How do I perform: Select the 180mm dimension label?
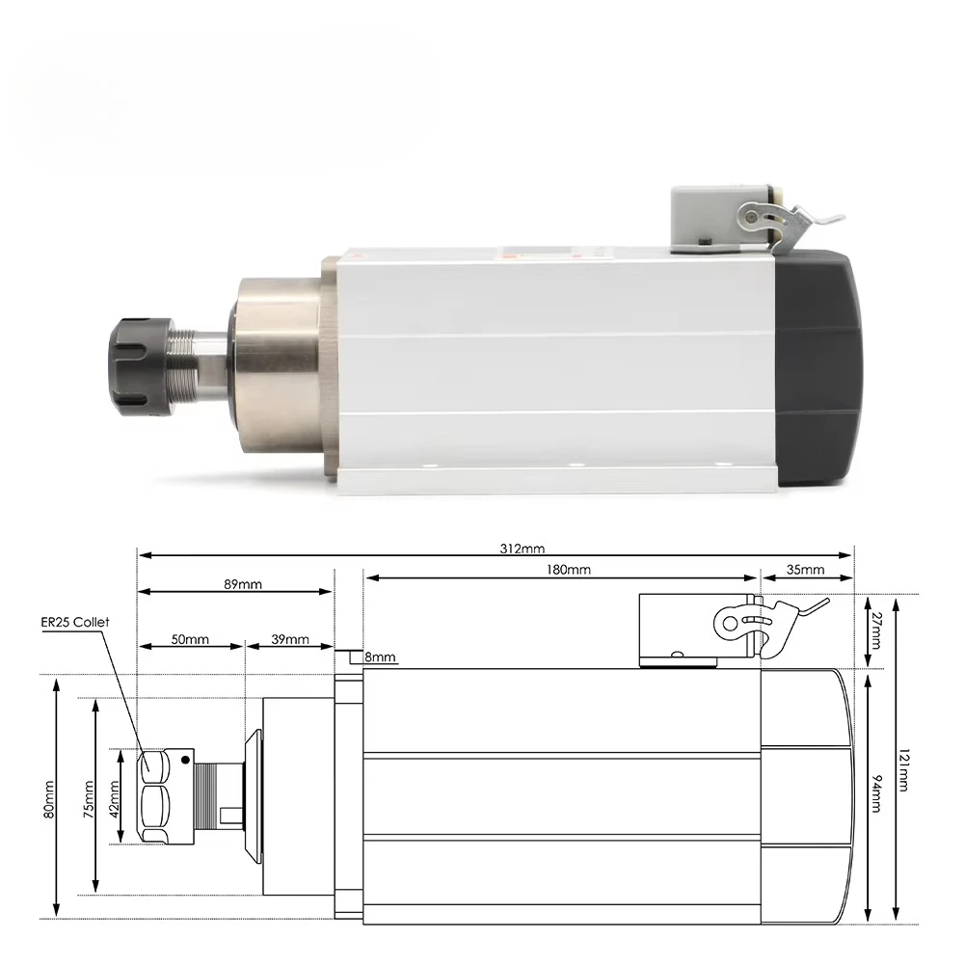569,570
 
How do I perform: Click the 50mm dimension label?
191,639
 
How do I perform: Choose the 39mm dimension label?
289,639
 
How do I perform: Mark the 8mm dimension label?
380,657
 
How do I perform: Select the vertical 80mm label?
49,798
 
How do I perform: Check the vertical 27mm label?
875,631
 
